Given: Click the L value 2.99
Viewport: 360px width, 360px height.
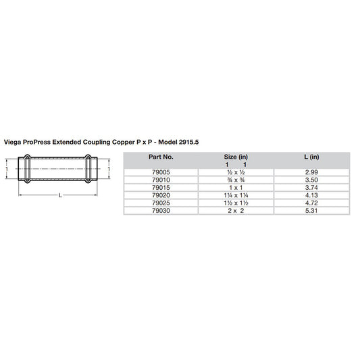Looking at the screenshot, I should [x=311, y=172].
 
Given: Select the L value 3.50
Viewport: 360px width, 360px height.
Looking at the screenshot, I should [x=311, y=180].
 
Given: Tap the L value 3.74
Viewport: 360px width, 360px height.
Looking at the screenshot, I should [x=311, y=187].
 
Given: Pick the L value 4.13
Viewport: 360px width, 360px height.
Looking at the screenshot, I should [x=311, y=195].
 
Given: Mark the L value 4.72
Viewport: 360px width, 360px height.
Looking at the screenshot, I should [x=311, y=203].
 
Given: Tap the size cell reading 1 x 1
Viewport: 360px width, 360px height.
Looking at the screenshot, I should [x=236, y=187].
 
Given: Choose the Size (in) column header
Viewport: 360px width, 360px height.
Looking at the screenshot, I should [x=236, y=156].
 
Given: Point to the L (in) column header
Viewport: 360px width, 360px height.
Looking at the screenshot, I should [x=311, y=156].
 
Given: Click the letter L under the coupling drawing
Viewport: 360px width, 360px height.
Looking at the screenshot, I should [x=61, y=195].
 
